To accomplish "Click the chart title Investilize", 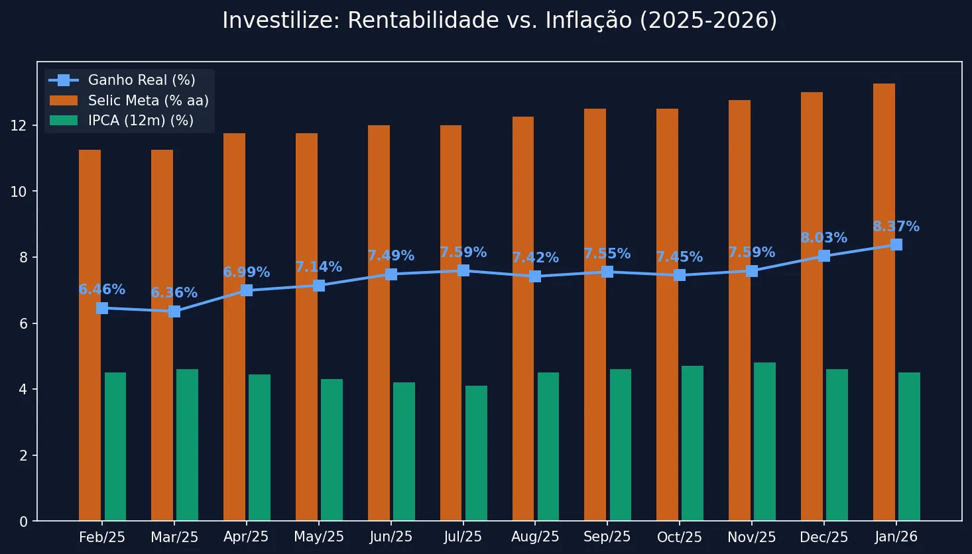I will pos(499,21).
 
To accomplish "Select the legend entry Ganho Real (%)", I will pos(141,80).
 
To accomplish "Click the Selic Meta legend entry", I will pos(148,101).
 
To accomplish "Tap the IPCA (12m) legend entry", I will pos(141,121).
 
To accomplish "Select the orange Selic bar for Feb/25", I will pos(90,335).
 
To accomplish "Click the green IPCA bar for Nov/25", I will pos(764,441).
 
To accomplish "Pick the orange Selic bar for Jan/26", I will pos(884,302).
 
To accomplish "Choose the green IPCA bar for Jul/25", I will pos(476,453).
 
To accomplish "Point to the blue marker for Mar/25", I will pos(174,311).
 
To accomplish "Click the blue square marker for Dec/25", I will pos(824,256).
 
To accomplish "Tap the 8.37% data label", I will pos(896,227).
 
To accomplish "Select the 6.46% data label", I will pos(102,290).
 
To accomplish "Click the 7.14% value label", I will pos(318,267).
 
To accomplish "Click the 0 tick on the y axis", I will pos(24,522).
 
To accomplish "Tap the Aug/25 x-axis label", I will pos(535,537).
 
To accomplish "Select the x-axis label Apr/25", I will pos(246,537).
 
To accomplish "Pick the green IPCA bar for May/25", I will pos(332,450).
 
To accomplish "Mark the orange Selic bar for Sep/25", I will pos(595,315).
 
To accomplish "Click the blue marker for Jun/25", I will pos(391,274).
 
